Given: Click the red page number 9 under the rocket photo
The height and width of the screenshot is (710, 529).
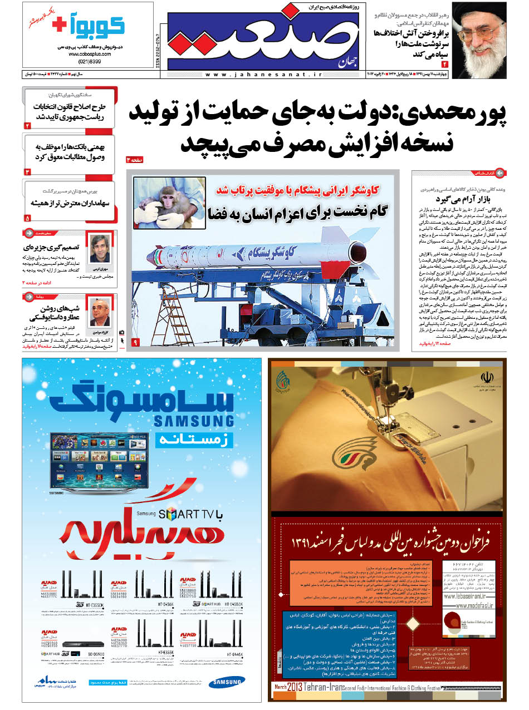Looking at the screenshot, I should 135,342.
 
